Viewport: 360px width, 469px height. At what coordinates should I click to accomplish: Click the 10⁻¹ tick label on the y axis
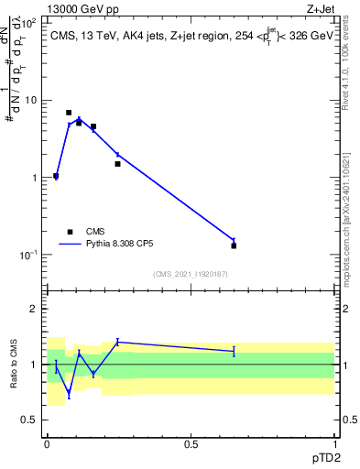click(x=29, y=255)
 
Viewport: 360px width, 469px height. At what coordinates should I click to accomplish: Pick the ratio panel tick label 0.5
click(x=31, y=420)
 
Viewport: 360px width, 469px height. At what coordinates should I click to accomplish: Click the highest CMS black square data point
click(x=69, y=113)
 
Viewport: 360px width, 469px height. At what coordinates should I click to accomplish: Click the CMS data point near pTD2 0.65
click(x=234, y=245)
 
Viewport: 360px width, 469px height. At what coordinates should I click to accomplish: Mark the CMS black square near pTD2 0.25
click(x=117, y=164)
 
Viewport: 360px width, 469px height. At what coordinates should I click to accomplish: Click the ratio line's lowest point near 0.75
click(x=69, y=394)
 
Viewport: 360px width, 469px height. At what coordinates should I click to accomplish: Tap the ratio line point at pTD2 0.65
click(x=234, y=351)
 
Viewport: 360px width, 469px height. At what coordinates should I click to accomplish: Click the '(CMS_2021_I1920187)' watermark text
click(x=191, y=273)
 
